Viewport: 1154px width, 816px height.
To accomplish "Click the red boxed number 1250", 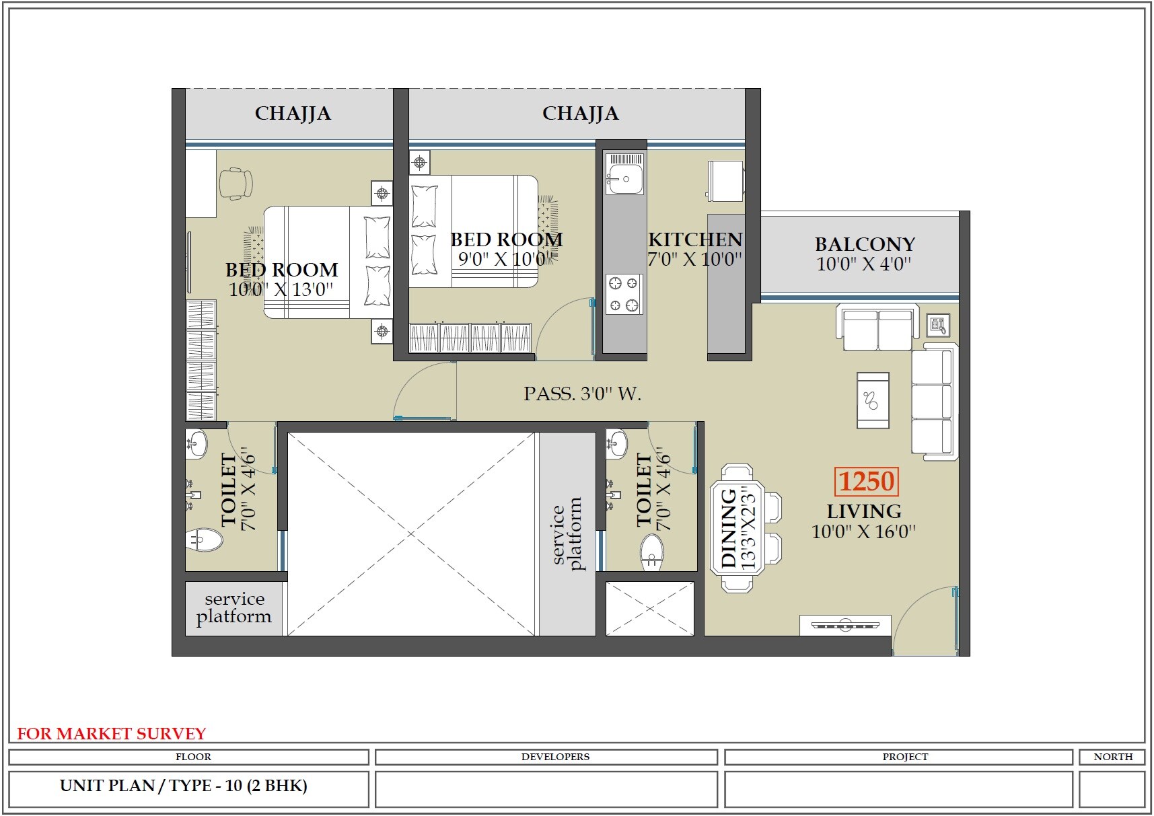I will (867, 482).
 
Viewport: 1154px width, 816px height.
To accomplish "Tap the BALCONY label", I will (865, 244).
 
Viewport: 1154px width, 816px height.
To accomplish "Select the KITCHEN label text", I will (695, 239).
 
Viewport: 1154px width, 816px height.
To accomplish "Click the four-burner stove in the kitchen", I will (624, 295).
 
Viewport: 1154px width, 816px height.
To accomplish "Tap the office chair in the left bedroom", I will (235, 183).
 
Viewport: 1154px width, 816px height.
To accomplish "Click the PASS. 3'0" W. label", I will (582, 394).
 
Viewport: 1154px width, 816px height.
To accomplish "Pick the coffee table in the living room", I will (873, 400).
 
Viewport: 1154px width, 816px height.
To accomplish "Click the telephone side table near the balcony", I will (938, 326).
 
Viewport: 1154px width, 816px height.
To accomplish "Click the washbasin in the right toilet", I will (617, 443).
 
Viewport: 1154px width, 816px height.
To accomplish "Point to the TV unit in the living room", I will (845, 625).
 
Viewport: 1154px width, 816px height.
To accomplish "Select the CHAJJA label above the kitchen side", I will (580, 113).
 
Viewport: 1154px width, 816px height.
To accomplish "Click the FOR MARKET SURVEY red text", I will (111, 733).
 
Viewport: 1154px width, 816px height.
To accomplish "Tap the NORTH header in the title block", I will (1112, 757).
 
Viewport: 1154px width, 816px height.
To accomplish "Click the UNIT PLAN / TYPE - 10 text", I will (183, 786).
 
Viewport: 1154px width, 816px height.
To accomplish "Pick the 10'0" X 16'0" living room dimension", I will (863, 531).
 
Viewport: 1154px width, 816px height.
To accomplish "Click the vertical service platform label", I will (567, 535).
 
